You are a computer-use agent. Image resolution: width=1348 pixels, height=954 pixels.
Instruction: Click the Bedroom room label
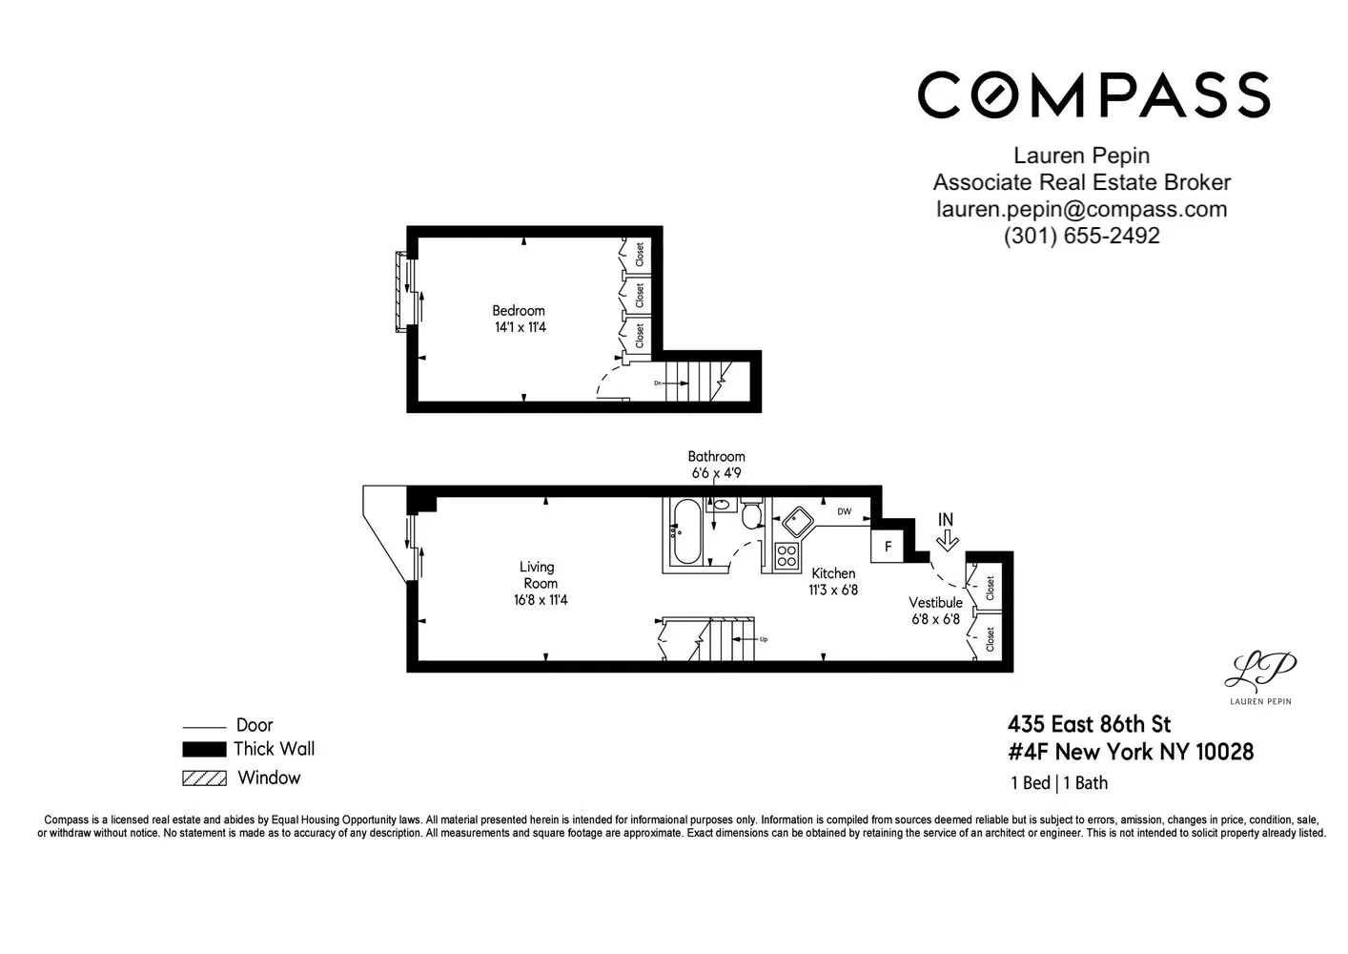coord(519,311)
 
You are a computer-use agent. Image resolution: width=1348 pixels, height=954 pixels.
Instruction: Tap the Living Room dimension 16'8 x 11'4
coord(541,600)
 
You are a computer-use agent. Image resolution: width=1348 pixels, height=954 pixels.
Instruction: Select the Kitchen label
coord(833,573)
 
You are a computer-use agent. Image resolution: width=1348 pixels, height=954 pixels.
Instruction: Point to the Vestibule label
coord(935,602)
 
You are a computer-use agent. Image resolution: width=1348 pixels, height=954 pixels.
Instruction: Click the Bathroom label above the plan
coord(716,457)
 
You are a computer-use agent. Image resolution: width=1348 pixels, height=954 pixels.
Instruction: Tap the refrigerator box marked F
coord(888,547)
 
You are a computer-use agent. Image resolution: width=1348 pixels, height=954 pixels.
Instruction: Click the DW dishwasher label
coord(845,511)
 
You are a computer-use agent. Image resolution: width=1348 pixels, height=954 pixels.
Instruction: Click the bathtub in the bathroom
coord(686,532)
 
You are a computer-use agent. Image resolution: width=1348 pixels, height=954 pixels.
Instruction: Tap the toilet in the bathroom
coord(751,513)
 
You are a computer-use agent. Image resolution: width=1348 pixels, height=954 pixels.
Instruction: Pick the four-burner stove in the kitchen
coord(786,556)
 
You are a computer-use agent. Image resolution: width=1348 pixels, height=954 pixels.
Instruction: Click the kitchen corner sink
coord(797,522)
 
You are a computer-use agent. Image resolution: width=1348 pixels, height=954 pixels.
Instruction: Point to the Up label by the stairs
coord(764,639)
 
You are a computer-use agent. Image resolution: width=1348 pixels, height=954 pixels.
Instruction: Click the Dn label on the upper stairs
coord(658,384)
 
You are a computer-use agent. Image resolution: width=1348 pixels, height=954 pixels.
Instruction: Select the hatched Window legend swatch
coord(205,778)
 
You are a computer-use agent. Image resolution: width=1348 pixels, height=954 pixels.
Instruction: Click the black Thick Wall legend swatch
coord(205,749)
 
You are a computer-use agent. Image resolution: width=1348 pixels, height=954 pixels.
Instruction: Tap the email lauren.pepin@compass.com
coord(1081,209)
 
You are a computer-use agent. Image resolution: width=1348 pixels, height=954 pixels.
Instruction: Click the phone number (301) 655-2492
coord(1081,236)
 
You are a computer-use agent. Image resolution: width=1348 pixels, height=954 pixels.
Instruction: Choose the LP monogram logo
coord(1259,669)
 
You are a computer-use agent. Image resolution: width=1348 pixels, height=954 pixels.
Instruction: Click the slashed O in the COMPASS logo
coord(997,94)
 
